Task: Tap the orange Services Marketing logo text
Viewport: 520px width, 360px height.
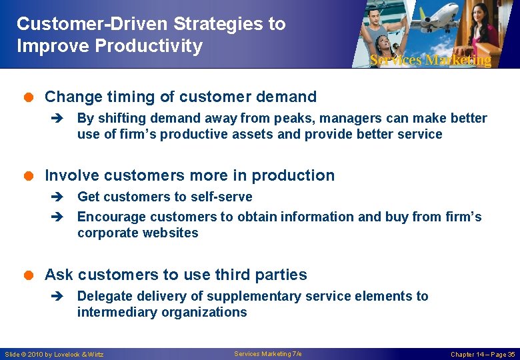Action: (x=430, y=60)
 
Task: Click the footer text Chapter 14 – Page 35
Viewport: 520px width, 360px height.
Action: (x=482, y=354)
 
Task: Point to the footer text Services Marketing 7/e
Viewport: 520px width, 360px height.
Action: (x=268, y=353)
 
